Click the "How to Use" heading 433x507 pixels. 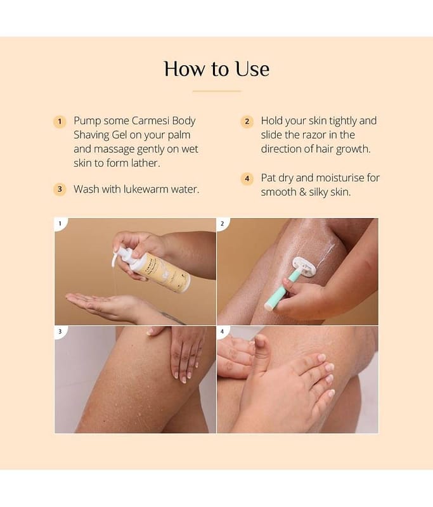tap(217, 69)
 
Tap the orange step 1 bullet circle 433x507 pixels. tap(60, 122)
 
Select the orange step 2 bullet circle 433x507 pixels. tap(247, 122)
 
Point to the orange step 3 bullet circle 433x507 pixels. tap(60, 189)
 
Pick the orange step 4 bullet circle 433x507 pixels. tap(247, 179)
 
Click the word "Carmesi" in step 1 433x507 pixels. tap(151, 120)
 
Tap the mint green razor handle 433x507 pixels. tap(280, 291)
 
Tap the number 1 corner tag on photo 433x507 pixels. tap(60, 224)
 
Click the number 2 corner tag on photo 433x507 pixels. tap(222, 224)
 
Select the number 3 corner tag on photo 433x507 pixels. tap(60, 331)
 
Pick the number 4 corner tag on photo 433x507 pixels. tap(222, 331)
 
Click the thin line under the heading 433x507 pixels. tap(217, 91)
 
